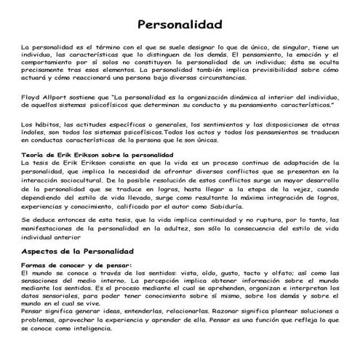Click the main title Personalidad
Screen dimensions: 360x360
click(x=180, y=25)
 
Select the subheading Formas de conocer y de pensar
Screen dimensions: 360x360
click(x=76, y=265)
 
